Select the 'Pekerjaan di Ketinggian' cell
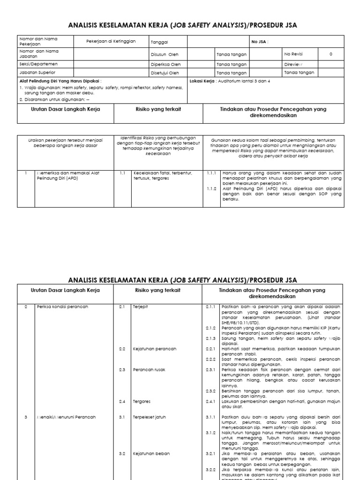111,41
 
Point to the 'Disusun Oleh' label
164,54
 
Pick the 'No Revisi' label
293,54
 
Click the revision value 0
331,54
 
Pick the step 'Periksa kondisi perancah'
63,307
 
